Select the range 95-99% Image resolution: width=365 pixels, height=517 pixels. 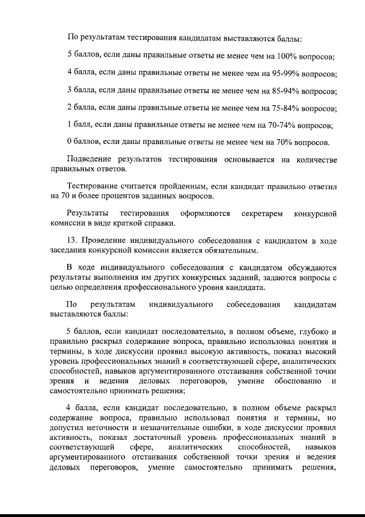[279, 74]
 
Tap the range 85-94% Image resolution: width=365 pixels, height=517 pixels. [278, 91]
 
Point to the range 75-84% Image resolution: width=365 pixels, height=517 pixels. [278, 108]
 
